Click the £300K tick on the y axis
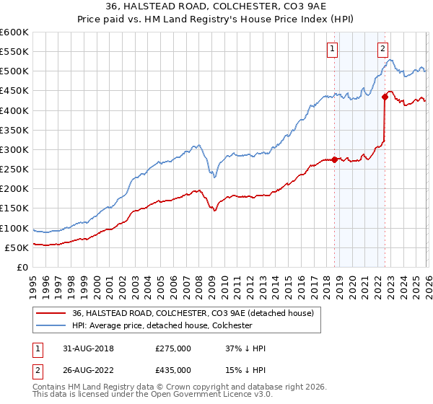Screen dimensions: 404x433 14,149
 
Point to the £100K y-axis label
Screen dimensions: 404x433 14,228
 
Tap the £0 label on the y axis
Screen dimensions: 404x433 22,267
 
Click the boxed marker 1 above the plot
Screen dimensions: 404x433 332,49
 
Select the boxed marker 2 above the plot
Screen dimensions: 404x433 382,49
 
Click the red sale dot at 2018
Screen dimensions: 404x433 335,159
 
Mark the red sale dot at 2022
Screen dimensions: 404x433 385,97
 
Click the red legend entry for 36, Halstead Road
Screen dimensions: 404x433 193,313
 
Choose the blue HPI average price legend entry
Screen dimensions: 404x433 172,326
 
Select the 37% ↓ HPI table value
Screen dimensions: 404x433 245,348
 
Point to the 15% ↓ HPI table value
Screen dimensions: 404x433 245,369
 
